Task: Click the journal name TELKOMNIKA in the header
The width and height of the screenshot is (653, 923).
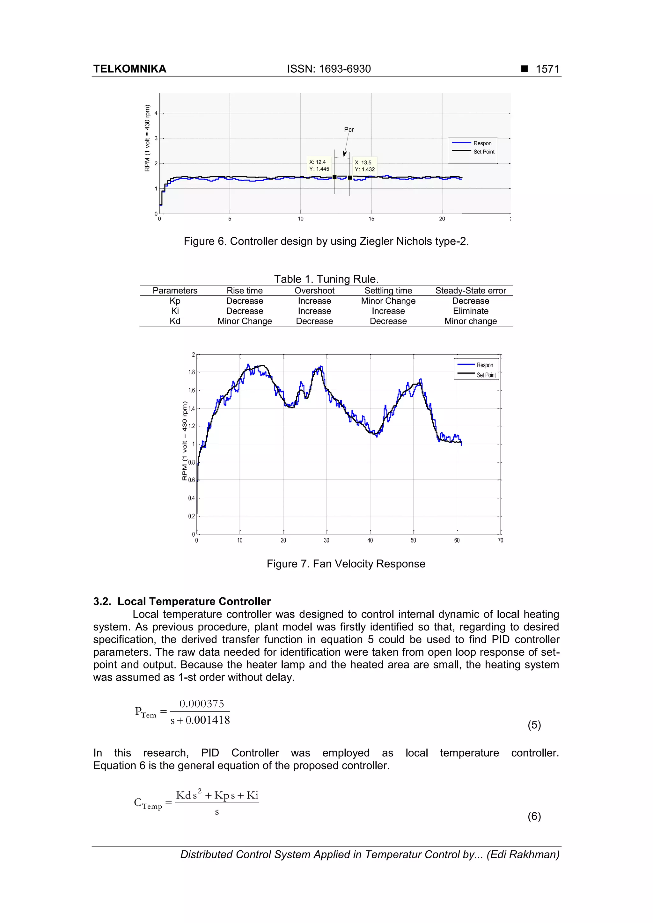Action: (129, 69)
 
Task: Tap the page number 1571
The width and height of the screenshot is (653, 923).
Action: (547, 69)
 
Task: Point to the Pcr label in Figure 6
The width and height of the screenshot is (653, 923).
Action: (349, 129)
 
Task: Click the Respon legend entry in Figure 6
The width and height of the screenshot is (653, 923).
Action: (482, 143)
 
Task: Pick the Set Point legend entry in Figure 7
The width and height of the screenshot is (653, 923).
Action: (486, 375)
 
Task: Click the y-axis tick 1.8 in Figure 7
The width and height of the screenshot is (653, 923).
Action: (192, 372)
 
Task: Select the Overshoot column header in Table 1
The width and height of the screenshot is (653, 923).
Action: (314, 291)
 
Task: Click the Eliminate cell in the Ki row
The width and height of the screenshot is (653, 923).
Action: (470, 311)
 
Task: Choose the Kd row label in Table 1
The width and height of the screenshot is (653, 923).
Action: (175, 321)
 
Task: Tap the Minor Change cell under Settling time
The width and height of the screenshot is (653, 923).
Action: (388, 301)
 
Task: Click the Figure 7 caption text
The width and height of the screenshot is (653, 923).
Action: (346, 564)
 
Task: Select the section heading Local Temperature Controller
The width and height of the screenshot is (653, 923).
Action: (194, 602)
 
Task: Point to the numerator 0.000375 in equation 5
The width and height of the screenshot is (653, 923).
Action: (202, 703)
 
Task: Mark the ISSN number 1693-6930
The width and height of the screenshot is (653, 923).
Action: (345, 69)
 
